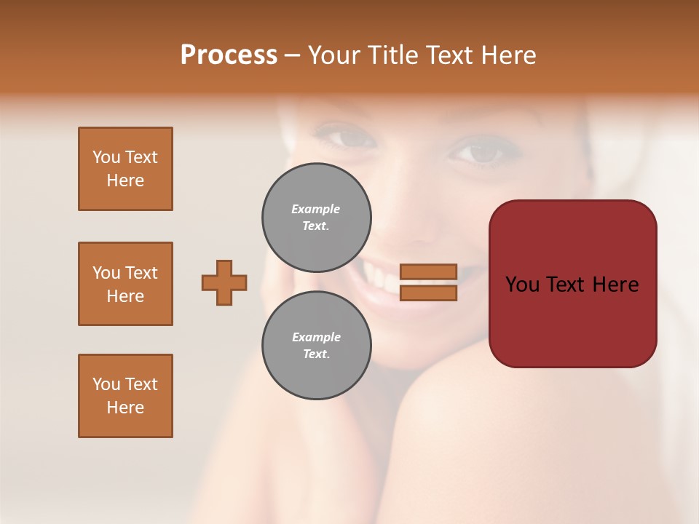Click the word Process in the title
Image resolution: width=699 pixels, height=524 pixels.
point(229,55)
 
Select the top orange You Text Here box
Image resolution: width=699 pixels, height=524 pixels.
point(125,169)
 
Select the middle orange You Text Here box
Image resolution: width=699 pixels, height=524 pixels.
point(125,284)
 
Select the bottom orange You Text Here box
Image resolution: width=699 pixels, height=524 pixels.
point(125,396)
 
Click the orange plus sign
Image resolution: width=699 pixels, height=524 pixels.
point(224,282)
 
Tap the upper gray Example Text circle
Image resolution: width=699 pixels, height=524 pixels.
point(317,218)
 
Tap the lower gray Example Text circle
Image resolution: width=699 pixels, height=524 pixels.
point(317,346)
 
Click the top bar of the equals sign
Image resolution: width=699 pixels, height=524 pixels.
point(429,271)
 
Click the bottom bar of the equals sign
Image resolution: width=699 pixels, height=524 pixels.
point(429,293)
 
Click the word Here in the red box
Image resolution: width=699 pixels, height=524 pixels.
point(615,285)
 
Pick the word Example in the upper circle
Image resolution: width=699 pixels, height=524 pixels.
point(316,209)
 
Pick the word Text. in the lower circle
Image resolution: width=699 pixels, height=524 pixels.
point(316,354)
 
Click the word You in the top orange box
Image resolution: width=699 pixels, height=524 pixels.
point(106,157)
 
